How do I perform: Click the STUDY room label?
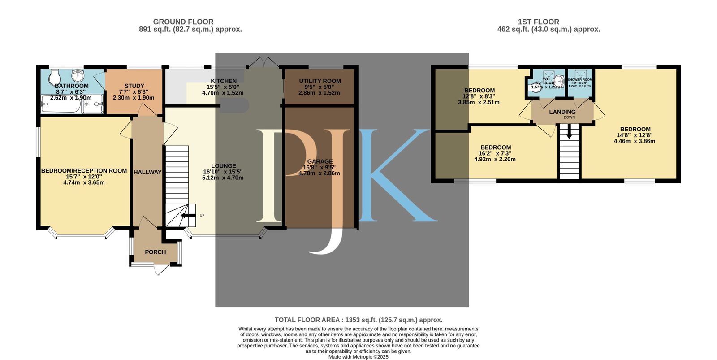134,86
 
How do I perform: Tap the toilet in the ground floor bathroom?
55,74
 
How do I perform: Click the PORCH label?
155,252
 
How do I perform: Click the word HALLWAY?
147,172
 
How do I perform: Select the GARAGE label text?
320,161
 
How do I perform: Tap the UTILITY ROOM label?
320,81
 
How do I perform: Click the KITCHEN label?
223,81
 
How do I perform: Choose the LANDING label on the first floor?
562,112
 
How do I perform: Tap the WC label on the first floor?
546,79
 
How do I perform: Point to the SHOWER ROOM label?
579,80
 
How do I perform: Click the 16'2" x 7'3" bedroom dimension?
495,153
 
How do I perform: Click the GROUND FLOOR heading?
183,22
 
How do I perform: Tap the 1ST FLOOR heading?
538,22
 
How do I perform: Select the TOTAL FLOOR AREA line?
358,320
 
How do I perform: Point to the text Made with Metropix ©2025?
358,357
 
